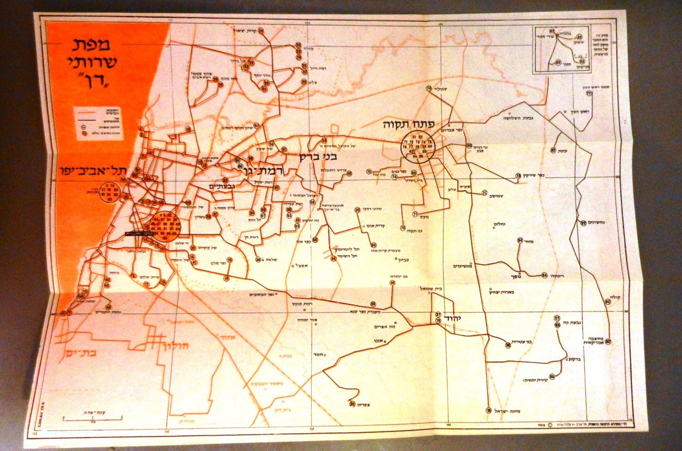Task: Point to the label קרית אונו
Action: point(375,226)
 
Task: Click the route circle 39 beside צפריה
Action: point(352,404)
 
